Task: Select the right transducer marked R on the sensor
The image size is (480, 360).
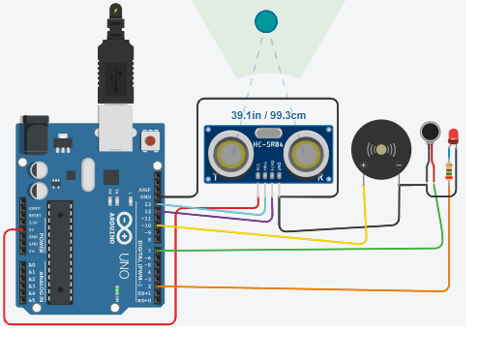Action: (x=306, y=152)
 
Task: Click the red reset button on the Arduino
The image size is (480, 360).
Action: (x=150, y=141)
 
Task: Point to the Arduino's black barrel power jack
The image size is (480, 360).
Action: (x=36, y=134)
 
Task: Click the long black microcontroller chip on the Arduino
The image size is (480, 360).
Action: (x=60, y=251)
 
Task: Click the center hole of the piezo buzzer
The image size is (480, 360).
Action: (x=380, y=149)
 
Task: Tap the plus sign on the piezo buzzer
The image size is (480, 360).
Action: (x=364, y=165)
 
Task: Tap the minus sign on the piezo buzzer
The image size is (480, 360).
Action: (x=398, y=165)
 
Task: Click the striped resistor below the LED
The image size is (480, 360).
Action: (x=450, y=173)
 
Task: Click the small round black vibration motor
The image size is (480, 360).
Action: (x=431, y=132)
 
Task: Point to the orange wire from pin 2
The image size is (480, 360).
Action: (x=290, y=288)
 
